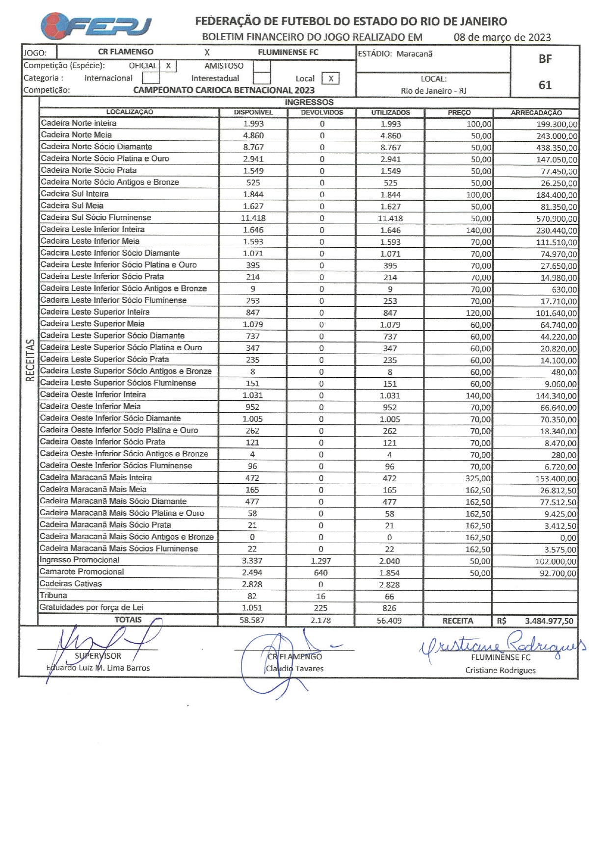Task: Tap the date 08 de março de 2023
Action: pos(502,37)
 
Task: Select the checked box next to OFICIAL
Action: pos(168,66)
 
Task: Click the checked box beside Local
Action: pos(331,78)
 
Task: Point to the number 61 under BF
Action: pos(545,85)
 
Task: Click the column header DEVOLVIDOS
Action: pos(322,112)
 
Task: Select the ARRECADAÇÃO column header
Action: pos(536,112)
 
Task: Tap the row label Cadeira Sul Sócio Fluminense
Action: pos(96,217)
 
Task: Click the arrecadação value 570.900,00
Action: pos(556,219)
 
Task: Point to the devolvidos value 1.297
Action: pos(321,561)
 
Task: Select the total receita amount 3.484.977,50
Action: pos(549,621)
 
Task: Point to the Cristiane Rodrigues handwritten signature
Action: pos(501,643)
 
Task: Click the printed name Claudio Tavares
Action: pos(294,668)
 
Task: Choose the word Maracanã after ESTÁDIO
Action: pos(414,54)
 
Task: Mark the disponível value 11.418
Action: pos(253,218)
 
